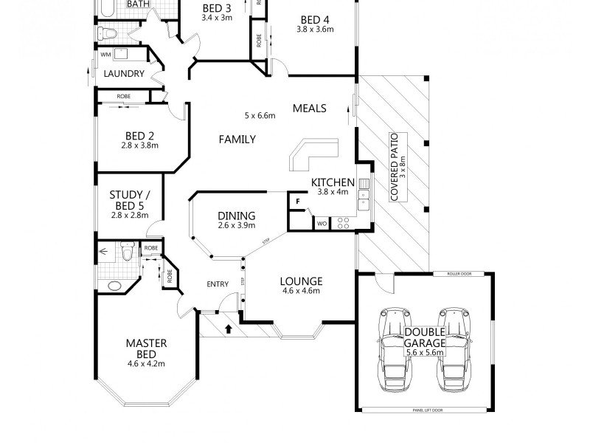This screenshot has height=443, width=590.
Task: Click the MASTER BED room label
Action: coord(146,343)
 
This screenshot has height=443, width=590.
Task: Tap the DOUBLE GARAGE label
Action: coord(424,337)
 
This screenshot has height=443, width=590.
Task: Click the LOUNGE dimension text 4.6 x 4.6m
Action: coord(301,292)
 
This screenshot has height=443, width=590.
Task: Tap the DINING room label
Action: coord(236,216)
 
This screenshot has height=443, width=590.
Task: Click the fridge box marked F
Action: coord(296,201)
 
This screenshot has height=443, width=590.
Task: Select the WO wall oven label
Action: coord(322,223)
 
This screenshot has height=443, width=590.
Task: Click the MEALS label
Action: coord(309,109)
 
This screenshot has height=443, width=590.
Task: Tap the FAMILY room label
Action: coord(237,139)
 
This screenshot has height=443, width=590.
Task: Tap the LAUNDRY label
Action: coord(122,73)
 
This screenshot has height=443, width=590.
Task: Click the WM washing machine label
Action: coord(105,55)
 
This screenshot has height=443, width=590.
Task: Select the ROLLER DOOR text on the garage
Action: coord(460,274)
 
